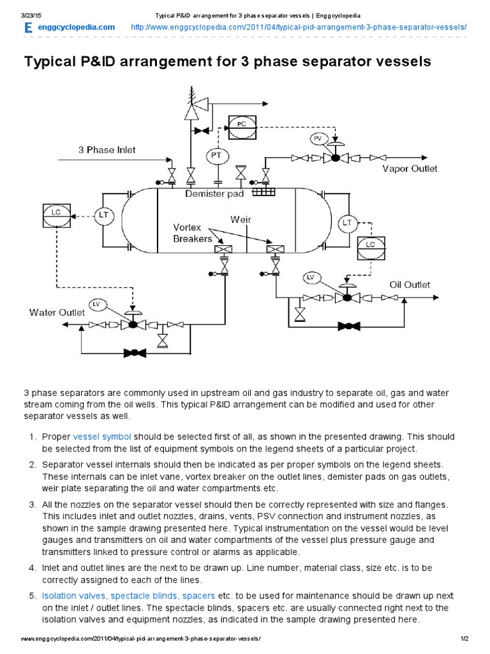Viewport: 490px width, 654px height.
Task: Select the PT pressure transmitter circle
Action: (217, 155)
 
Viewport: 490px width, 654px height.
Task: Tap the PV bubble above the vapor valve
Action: (318, 138)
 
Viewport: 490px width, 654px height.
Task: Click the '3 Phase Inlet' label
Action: (107, 150)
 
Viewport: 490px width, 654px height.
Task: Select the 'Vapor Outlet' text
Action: (410, 169)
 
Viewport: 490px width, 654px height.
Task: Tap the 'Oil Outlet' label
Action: (410, 284)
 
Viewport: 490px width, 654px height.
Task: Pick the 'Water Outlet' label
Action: (57, 312)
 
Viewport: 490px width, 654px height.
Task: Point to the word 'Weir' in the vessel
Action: (241, 219)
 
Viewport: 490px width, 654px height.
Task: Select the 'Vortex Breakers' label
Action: (192, 233)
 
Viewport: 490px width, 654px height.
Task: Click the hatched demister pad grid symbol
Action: (263, 191)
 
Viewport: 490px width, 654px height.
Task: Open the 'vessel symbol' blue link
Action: (102, 437)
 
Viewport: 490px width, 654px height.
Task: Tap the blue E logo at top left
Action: (27, 27)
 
